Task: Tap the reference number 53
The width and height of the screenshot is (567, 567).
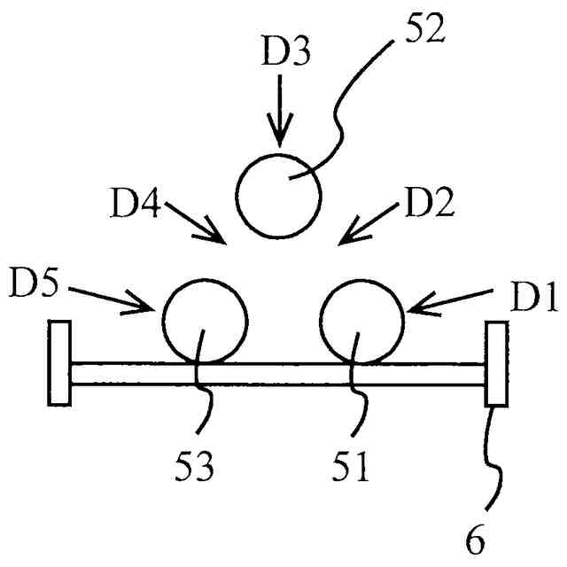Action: pos(196,466)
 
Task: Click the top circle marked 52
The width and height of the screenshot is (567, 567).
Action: pos(278,196)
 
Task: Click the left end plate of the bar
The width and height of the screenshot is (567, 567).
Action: pos(60,362)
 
